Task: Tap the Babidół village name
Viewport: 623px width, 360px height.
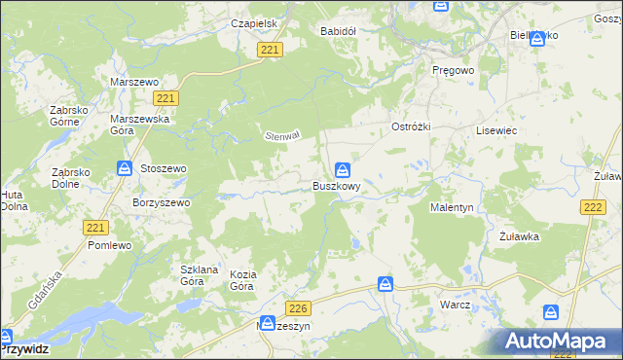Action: pyautogui.click(x=339, y=31)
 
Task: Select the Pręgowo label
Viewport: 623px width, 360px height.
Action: pyautogui.click(x=452, y=70)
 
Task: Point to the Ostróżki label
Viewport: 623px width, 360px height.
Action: pyautogui.click(x=410, y=128)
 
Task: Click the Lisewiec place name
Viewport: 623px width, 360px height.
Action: pyautogui.click(x=495, y=129)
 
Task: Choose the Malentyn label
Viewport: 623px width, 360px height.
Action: pyautogui.click(x=452, y=208)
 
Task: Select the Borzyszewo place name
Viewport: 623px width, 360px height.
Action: pyautogui.click(x=161, y=202)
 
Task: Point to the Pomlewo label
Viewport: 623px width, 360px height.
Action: pyautogui.click(x=109, y=246)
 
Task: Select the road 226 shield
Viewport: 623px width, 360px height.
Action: pyautogui.click(x=299, y=308)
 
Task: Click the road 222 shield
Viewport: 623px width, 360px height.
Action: pyautogui.click(x=592, y=207)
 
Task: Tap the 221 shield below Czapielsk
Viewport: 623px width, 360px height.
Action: pyautogui.click(x=272, y=51)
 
